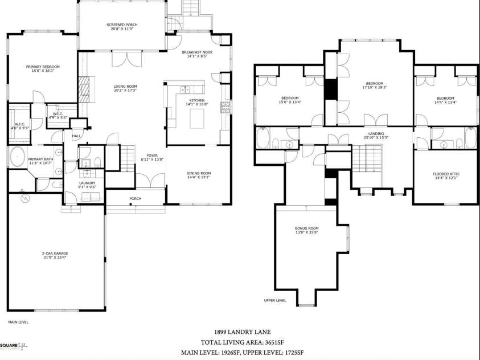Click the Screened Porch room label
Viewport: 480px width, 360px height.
(122, 25)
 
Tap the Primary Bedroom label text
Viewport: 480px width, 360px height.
(43, 67)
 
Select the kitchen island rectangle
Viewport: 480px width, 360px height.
(196, 119)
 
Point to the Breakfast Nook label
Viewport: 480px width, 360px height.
(197, 52)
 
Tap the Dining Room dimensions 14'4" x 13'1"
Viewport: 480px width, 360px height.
(199, 177)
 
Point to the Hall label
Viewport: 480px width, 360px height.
(76, 136)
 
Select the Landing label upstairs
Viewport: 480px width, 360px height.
(376, 134)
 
